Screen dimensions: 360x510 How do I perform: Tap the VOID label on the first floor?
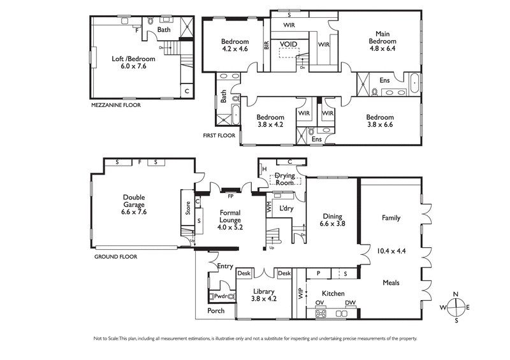(x=289, y=45)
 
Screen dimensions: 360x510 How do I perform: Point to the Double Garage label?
(x=134, y=205)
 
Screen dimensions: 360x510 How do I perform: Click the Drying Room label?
(x=284, y=179)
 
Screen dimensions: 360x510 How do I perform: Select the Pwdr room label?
(x=221, y=296)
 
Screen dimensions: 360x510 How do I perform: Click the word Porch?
(x=215, y=311)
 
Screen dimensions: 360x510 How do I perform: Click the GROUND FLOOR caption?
(x=115, y=257)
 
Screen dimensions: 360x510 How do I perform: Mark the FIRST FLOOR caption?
(x=219, y=136)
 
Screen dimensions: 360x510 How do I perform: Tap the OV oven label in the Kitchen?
(x=320, y=303)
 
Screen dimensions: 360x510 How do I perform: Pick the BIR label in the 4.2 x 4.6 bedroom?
(x=266, y=45)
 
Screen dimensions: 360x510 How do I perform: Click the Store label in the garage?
(x=188, y=208)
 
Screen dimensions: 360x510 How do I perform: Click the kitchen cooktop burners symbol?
(x=321, y=313)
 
